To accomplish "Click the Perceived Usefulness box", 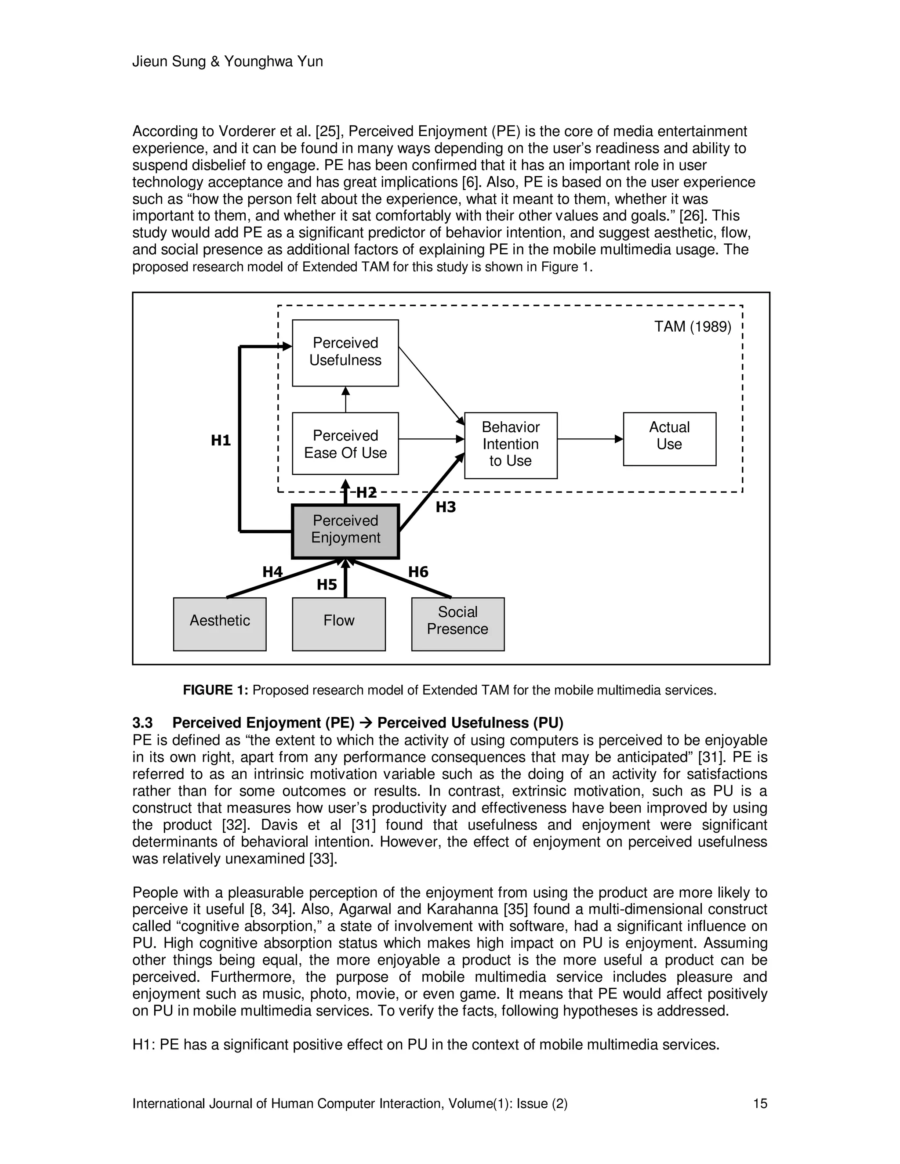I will (x=345, y=352).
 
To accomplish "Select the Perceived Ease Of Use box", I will (x=345, y=444).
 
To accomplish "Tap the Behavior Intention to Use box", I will (x=510, y=445).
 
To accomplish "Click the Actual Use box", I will (x=669, y=439).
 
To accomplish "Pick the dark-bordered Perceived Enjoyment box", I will (x=345, y=531).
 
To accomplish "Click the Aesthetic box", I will (x=220, y=624).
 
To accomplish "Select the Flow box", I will (x=338, y=624).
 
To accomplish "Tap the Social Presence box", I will (x=457, y=624).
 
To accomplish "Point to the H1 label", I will (x=221, y=440).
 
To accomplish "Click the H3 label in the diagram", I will (x=446, y=507).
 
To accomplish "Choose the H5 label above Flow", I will (x=327, y=585).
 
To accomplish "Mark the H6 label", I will (x=418, y=572).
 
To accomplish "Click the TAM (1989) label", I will (x=693, y=327).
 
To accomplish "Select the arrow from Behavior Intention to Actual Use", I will (x=590, y=439).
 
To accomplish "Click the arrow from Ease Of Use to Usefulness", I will (x=345, y=399).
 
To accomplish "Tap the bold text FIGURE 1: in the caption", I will (x=215, y=690).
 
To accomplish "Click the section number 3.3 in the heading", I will (x=142, y=723).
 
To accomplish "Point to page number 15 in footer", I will (x=760, y=1103).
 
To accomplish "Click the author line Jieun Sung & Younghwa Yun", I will (x=228, y=62).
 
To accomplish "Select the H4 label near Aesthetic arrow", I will (x=272, y=572).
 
